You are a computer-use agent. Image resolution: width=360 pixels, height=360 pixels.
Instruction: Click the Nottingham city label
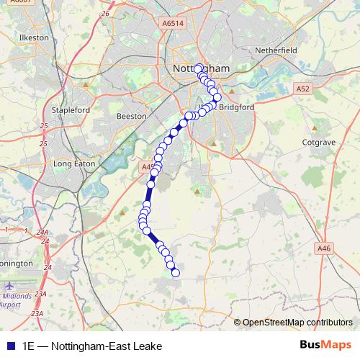tap(202, 68)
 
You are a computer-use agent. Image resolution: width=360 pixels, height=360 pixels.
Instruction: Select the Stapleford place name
tap(70, 110)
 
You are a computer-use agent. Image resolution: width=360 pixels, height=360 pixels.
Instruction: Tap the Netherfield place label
tap(276, 52)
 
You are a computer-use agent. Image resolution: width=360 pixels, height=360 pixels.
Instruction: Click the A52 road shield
tap(302, 88)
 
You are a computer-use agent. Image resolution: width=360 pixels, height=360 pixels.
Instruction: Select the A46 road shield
tap(324, 248)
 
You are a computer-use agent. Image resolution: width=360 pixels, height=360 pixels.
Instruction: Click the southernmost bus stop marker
tap(174, 271)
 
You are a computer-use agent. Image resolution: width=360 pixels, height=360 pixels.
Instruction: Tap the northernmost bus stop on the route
tap(199, 68)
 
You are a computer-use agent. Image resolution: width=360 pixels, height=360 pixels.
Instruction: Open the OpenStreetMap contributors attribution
tap(297, 323)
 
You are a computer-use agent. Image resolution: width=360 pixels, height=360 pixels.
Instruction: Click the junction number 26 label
tap(106, 14)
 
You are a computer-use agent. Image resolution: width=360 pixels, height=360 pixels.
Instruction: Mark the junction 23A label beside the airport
tap(40, 294)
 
